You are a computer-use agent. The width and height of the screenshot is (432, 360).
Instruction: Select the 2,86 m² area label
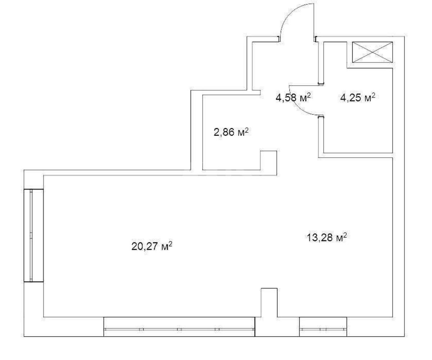click(x=231, y=133)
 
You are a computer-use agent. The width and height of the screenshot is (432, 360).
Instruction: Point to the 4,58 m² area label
click(x=293, y=97)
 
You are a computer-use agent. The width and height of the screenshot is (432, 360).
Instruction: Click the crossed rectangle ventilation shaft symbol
click(x=372, y=52)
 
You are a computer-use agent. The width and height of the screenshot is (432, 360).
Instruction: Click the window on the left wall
click(x=33, y=235)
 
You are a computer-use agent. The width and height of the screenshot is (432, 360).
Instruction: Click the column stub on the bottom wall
click(x=269, y=302)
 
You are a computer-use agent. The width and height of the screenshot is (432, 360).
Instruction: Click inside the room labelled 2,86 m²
click(x=230, y=151)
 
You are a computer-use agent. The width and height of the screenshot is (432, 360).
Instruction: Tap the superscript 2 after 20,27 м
click(x=170, y=244)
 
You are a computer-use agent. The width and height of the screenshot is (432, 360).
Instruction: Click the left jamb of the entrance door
click(x=279, y=38)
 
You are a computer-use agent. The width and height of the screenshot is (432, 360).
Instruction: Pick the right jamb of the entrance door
click(x=316, y=38)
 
